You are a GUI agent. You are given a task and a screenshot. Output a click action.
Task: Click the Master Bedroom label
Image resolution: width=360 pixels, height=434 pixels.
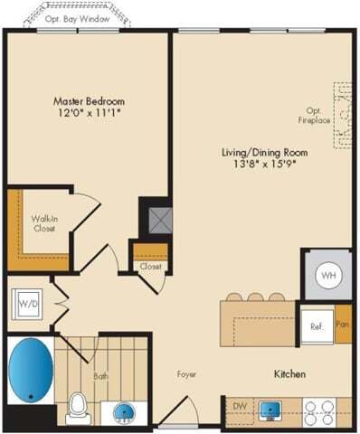[x=89, y=100]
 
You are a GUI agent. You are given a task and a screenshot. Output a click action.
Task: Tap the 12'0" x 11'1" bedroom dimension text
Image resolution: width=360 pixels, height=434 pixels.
[x=89, y=114]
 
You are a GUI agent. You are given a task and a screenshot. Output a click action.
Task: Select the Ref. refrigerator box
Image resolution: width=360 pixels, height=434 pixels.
[x=317, y=325]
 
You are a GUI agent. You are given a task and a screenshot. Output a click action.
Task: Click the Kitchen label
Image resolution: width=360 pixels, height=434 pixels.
[x=289, y=373]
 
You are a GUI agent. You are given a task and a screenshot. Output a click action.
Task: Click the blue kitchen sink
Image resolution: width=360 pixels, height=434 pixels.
[x=270, y=410]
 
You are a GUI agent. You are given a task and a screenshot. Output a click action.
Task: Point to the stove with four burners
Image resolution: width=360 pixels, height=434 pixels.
[x=318, y=411]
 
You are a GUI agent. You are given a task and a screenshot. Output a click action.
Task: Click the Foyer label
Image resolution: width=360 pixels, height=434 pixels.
[x=186, y=373]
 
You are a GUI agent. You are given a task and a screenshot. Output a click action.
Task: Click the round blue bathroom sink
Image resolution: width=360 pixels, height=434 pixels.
[x=125, y=413]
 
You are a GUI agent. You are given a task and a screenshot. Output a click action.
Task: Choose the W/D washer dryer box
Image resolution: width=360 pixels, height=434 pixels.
[x=26, y=306]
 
